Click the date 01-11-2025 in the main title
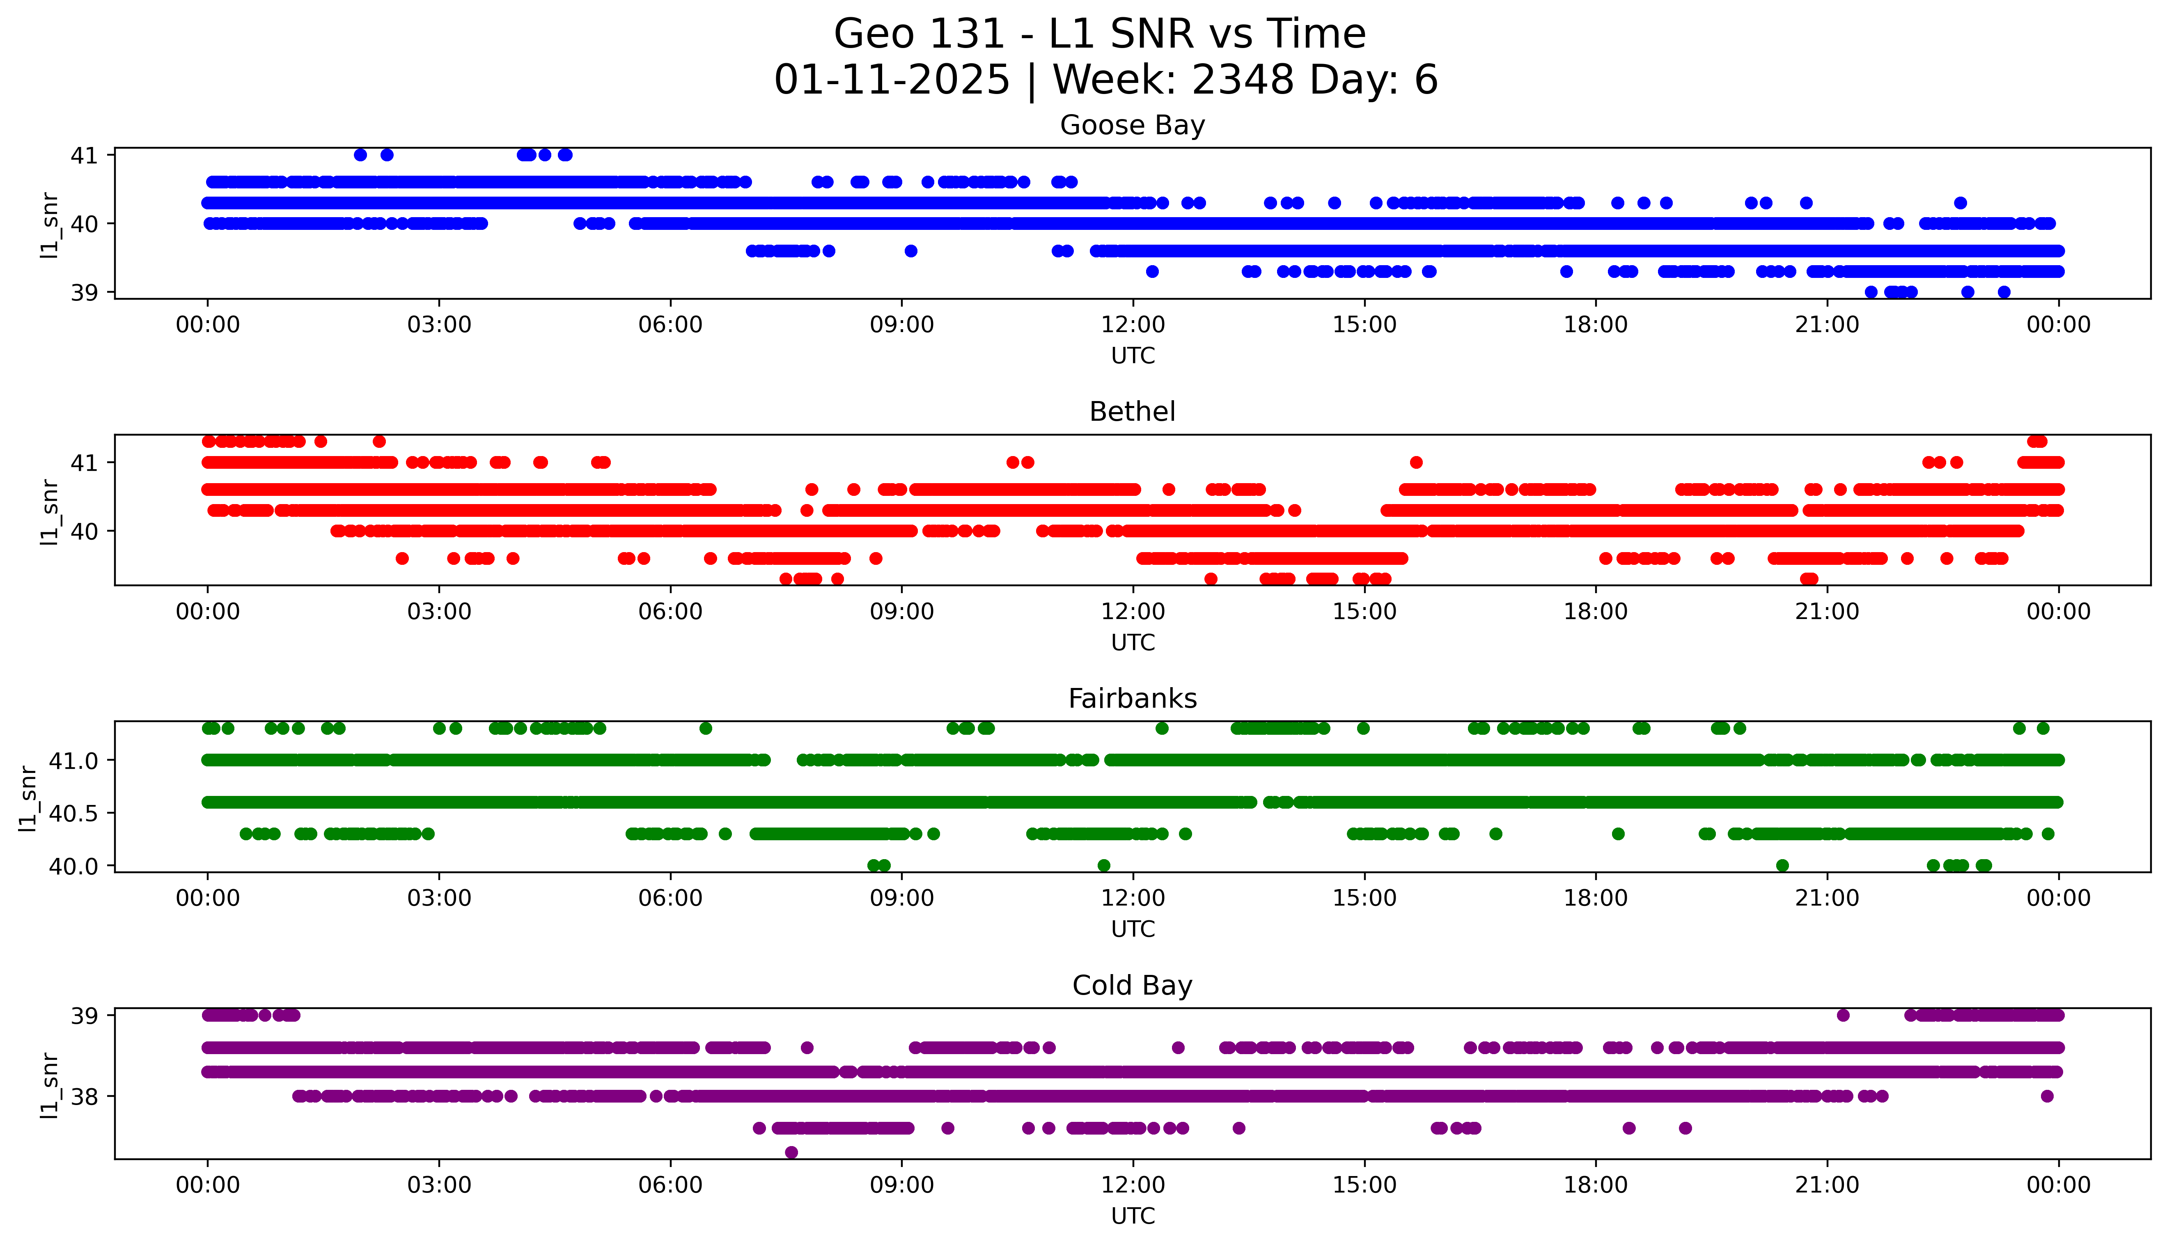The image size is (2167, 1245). [x=892, y=80]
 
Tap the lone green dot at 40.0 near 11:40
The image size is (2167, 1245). [x=1103, y=865]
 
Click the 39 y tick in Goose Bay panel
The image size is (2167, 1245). [x=84, y=292]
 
